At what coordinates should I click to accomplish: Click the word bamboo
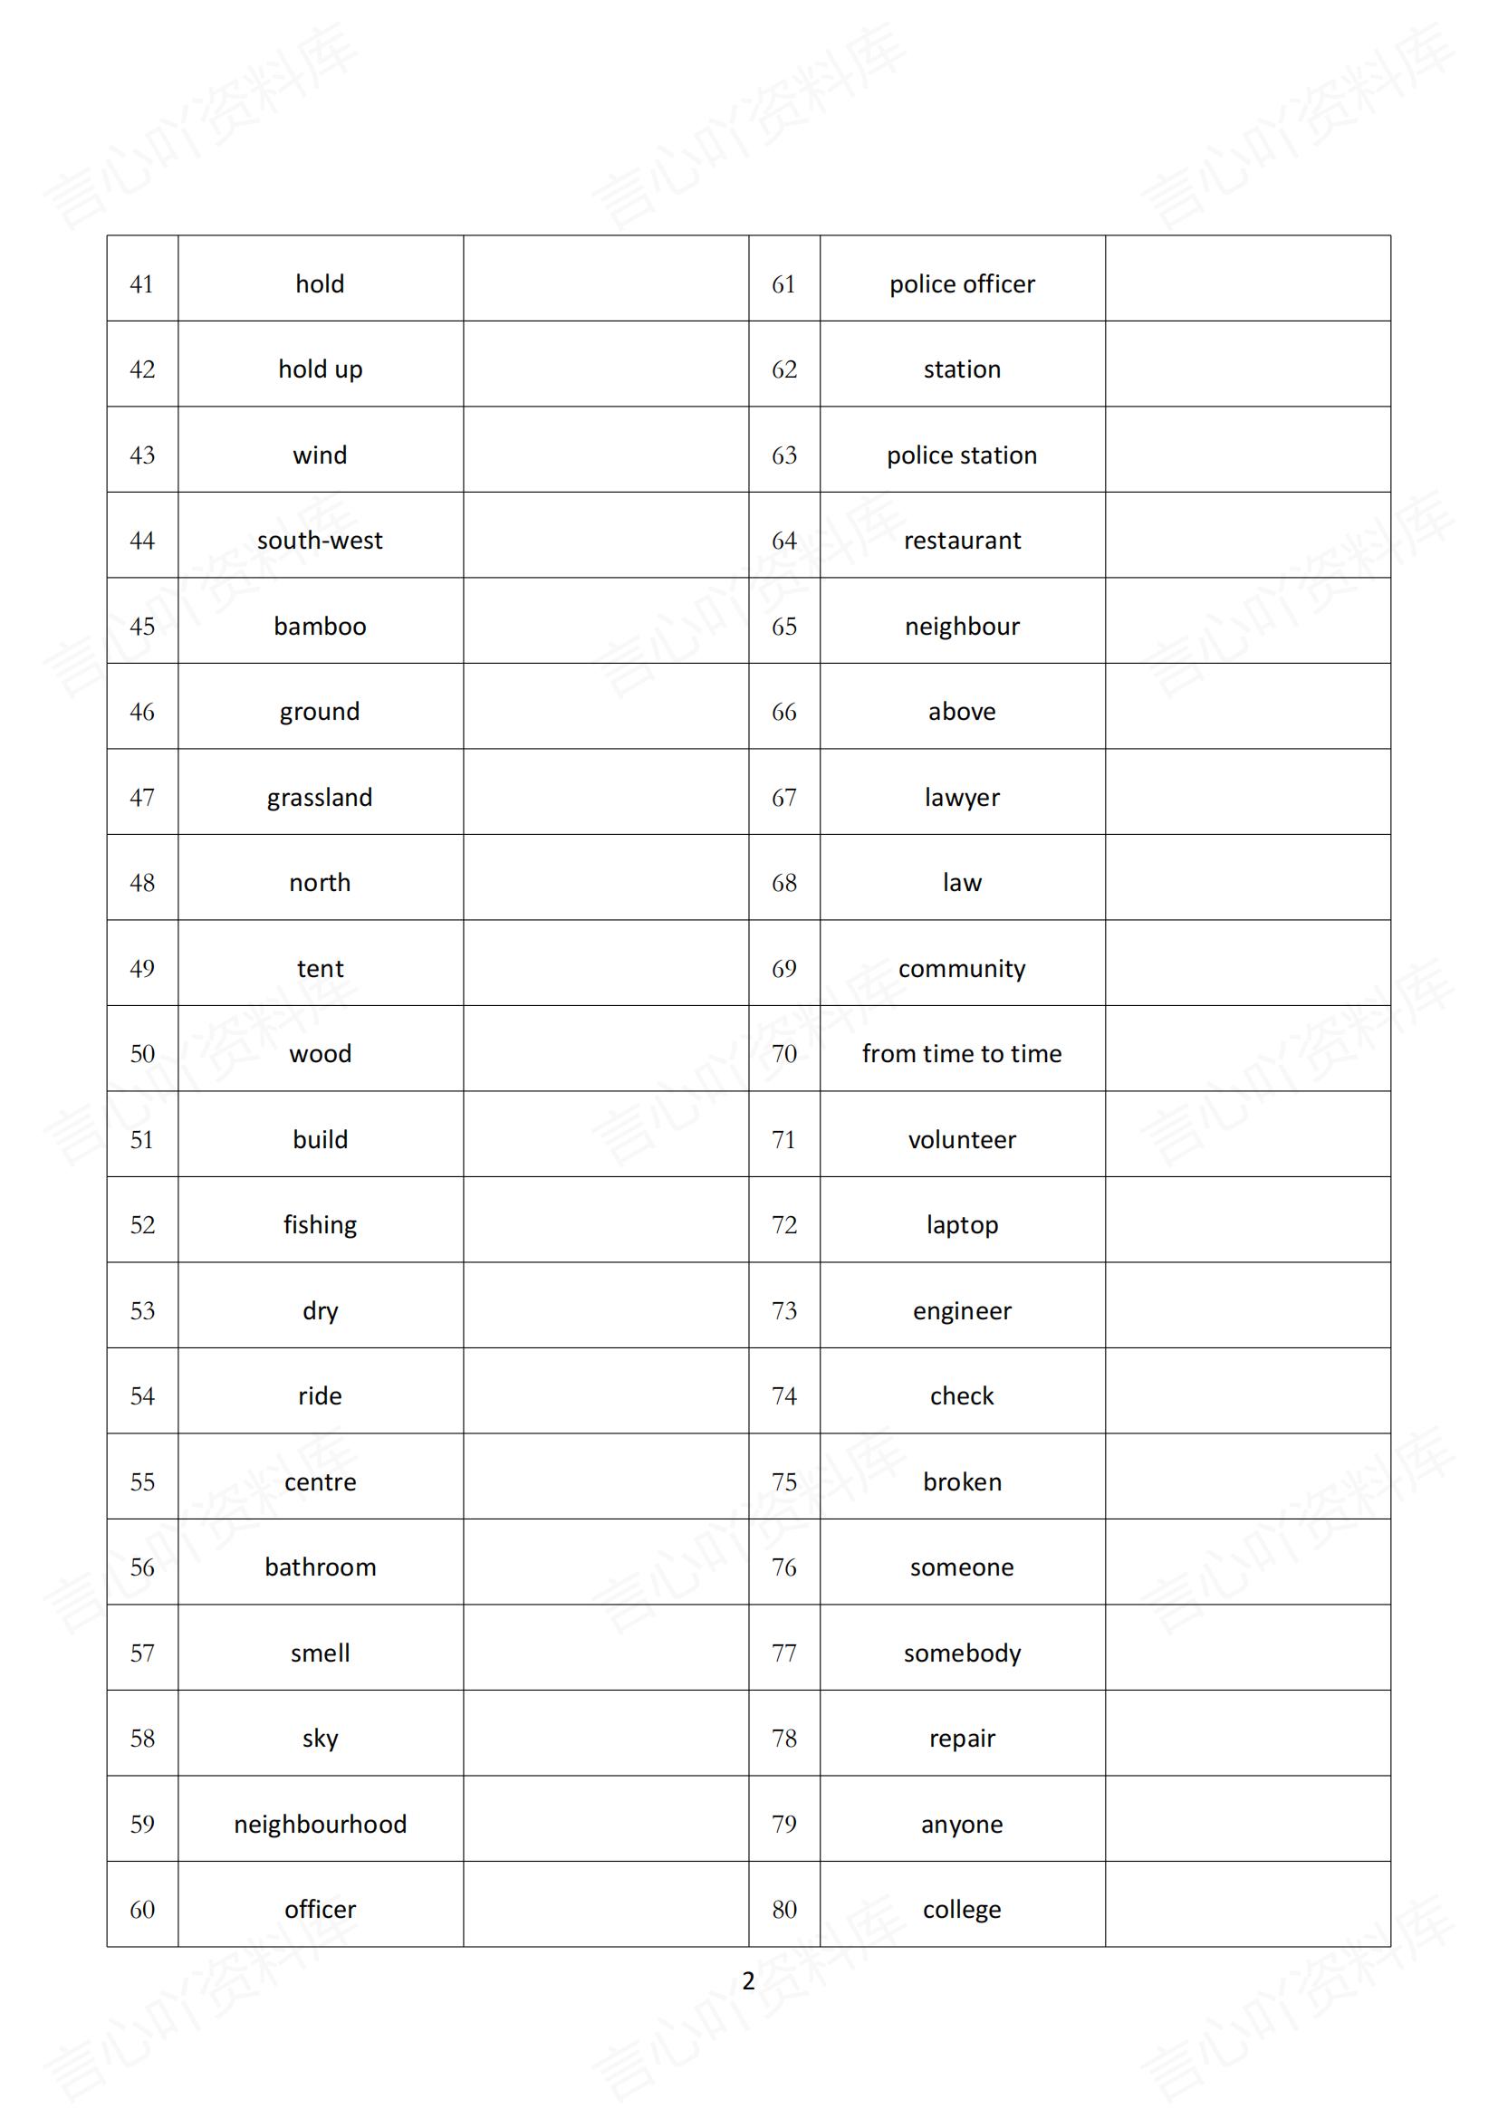320,627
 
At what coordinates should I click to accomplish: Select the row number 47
142,798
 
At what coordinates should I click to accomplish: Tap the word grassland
320,798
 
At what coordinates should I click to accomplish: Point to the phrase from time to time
961,1053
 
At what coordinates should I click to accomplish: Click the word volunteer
961,1140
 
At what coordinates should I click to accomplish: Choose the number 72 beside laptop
784,1225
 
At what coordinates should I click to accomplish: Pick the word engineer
961,1311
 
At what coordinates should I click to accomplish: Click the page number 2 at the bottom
748,1980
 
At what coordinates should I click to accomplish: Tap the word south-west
320,541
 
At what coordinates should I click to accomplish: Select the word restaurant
961,541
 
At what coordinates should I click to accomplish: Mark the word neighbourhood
320,1824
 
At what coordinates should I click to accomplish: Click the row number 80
784,1910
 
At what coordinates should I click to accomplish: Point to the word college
961,1910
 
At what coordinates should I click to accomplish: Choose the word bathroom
320,1567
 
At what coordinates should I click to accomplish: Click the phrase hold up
320,370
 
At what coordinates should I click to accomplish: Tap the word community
961,969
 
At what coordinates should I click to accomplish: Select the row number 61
784,284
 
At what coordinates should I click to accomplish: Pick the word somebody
961,1653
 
